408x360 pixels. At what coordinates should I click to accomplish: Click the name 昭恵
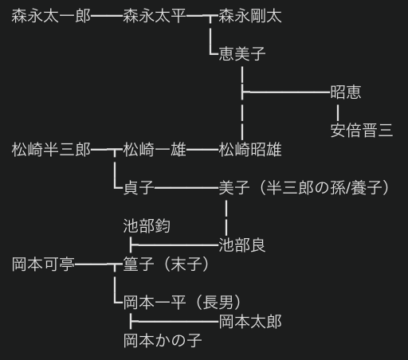point(346,92)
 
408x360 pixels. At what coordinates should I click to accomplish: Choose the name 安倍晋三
point(361,131)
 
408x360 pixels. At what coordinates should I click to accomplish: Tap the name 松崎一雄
point(155,150)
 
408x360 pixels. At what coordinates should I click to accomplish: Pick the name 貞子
point(139,188)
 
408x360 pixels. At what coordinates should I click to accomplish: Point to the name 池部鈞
point(147,226)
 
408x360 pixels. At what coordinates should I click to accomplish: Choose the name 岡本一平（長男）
point(182,303)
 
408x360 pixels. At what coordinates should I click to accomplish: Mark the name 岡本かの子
point(163,341)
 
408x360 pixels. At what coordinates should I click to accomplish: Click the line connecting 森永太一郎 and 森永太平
point(107,16)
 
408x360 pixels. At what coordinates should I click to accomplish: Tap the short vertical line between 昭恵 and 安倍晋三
point(337,112)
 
